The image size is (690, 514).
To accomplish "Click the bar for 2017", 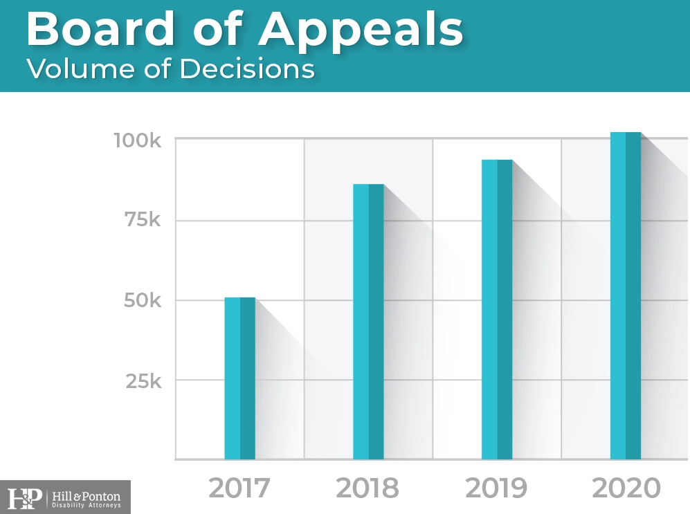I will [240, 378].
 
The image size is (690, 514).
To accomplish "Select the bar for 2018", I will [368, 322].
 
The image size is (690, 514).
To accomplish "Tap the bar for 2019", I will [497, 309].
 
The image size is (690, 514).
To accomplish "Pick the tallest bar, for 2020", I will [626, 295].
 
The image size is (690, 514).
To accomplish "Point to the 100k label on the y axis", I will [137, 140].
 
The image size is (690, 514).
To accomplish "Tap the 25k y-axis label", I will [143, 380].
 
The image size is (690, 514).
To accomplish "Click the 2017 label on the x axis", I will [239, 488].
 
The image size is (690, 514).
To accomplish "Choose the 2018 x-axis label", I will [367, 488].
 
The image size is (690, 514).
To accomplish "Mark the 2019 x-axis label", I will [497, 488].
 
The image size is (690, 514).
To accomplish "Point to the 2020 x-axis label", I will [626, 488].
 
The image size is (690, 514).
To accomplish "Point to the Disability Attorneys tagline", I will [87, 505].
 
